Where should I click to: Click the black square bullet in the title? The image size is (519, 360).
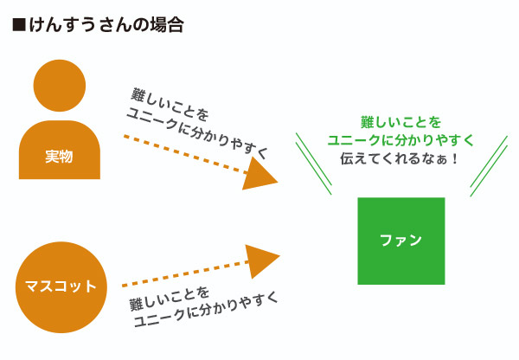click(19, 25)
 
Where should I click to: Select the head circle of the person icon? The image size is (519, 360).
click(60, 86)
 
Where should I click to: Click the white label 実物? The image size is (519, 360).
click(59, 157)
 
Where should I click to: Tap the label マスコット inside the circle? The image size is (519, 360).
click(61, 286)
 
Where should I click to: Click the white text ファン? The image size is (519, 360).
click(400, 240)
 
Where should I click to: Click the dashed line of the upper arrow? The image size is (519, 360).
click(186, 154)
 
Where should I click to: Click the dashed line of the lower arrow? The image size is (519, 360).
click(185, 273)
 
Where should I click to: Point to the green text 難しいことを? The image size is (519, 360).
click(400, 122)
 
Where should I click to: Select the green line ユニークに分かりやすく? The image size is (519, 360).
click(400, 140)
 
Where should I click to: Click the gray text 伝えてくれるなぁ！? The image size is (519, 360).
click(399, 158)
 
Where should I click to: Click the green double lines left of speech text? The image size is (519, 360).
click(314, 164)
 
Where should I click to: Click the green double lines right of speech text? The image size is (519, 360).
click(489, 166)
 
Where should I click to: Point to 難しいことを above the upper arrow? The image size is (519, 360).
click(170, 104)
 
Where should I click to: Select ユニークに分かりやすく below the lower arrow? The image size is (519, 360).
click(207, 309)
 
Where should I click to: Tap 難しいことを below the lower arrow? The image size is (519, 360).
click(169, 299)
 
